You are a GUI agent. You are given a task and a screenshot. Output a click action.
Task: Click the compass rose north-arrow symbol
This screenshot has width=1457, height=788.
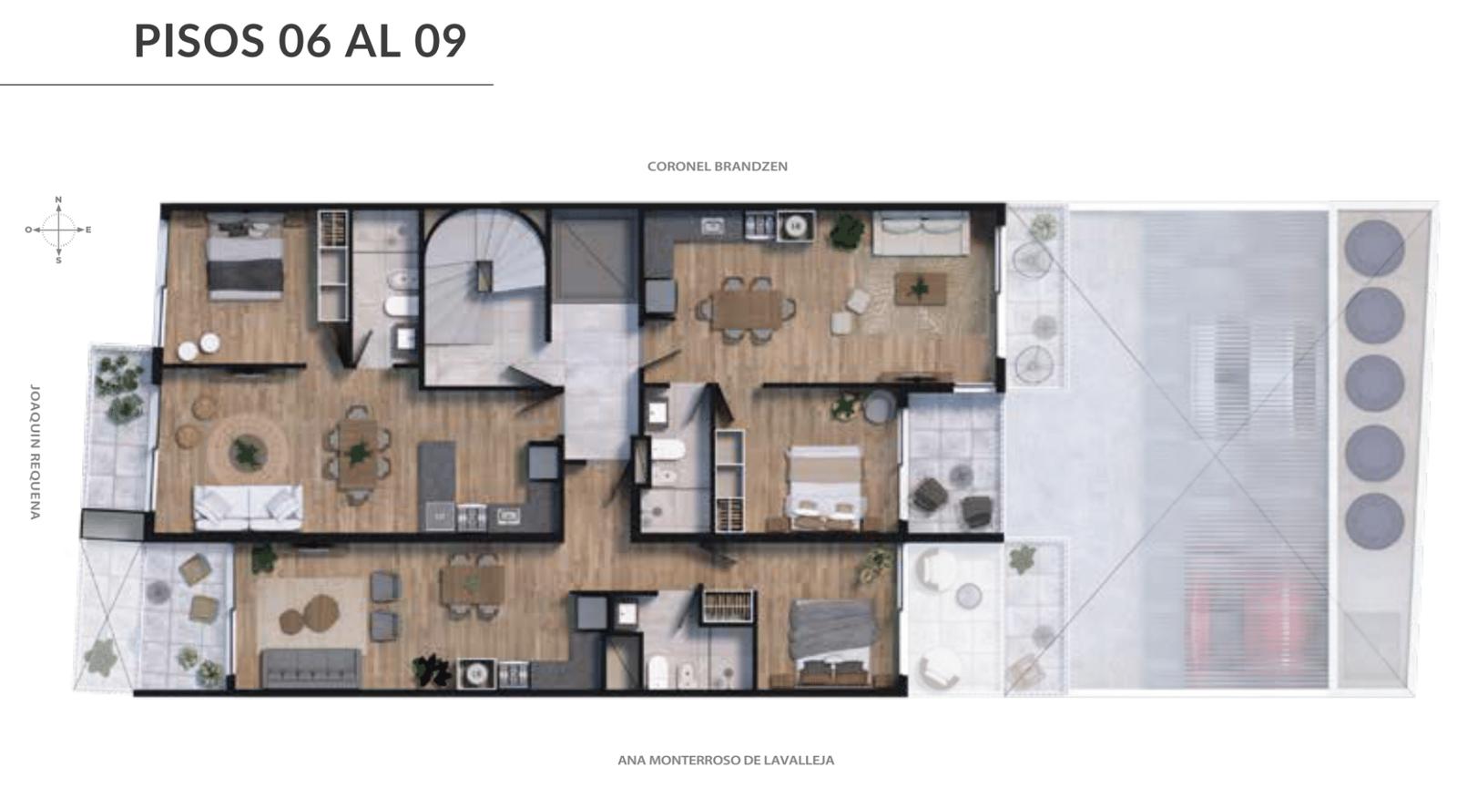[x=58, y=229]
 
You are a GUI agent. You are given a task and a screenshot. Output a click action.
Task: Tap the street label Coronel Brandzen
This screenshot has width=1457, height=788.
[x=717, y=167]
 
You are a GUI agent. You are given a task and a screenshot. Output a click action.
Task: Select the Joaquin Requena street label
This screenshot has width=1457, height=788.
[x=36, y=452]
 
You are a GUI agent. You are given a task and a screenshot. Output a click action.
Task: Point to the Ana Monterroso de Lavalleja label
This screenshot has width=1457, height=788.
[x=725, y=760]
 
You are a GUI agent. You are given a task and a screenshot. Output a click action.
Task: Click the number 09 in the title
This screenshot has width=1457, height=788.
[x=440, y=41]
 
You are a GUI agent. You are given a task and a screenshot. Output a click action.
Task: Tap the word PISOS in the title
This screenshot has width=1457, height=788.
[x=199, y=41]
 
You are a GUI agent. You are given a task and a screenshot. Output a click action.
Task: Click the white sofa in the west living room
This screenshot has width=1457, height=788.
[x=248, y=507]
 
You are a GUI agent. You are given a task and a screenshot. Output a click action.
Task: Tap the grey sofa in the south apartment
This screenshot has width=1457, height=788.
[x=311, y=667]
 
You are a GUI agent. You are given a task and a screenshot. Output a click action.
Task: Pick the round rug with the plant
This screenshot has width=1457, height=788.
[x=248, y=450]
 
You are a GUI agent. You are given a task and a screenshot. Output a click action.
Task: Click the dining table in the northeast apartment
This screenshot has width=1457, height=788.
[x=747, y=310]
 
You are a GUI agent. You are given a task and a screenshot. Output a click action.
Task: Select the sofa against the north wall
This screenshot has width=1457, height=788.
[x=921, y=232]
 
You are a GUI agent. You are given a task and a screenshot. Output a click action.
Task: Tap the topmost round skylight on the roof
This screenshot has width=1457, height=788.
[x=1374, y=248]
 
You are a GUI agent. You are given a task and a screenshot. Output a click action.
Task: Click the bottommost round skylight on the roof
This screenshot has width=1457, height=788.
[x=1374, y=521]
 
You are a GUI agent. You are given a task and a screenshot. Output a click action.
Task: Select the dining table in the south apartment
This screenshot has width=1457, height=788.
[x=473, y=585]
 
